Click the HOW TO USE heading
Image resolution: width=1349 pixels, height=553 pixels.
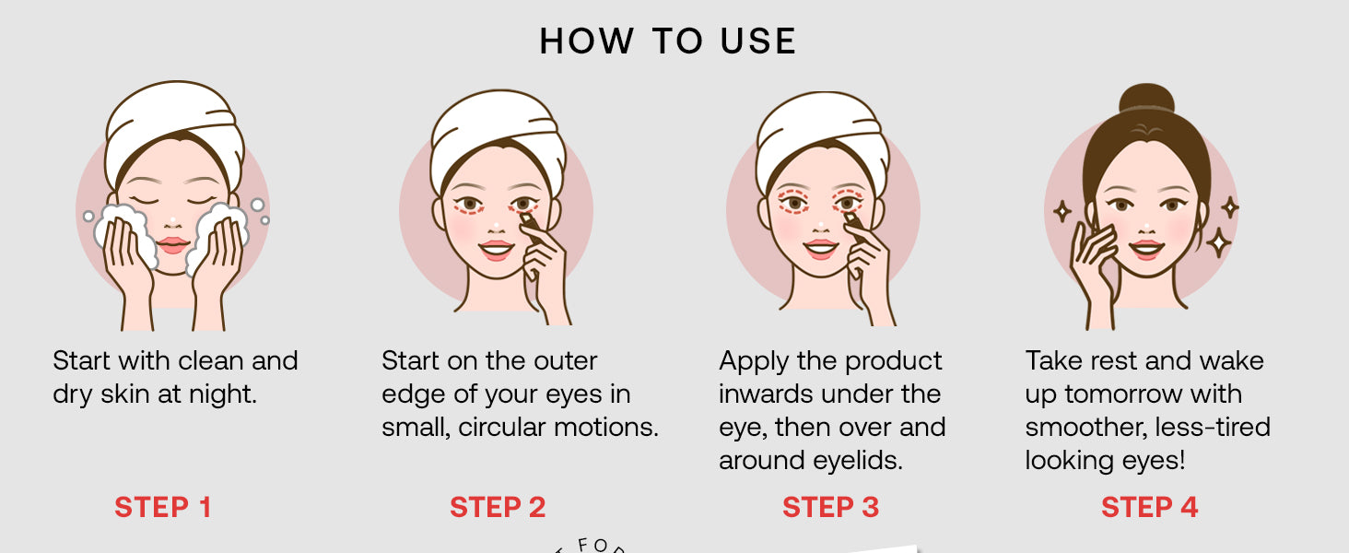668,41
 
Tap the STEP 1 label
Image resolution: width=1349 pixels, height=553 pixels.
162,507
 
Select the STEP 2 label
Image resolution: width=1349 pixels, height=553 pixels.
498,507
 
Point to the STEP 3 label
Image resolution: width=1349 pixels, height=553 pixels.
830,507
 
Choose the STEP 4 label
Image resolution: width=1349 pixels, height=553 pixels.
1150,507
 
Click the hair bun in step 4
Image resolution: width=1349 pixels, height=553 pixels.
1146,99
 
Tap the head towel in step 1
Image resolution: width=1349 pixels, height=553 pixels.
175,130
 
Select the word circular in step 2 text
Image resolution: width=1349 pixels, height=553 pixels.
501,427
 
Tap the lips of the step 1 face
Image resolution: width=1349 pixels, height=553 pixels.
173,244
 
